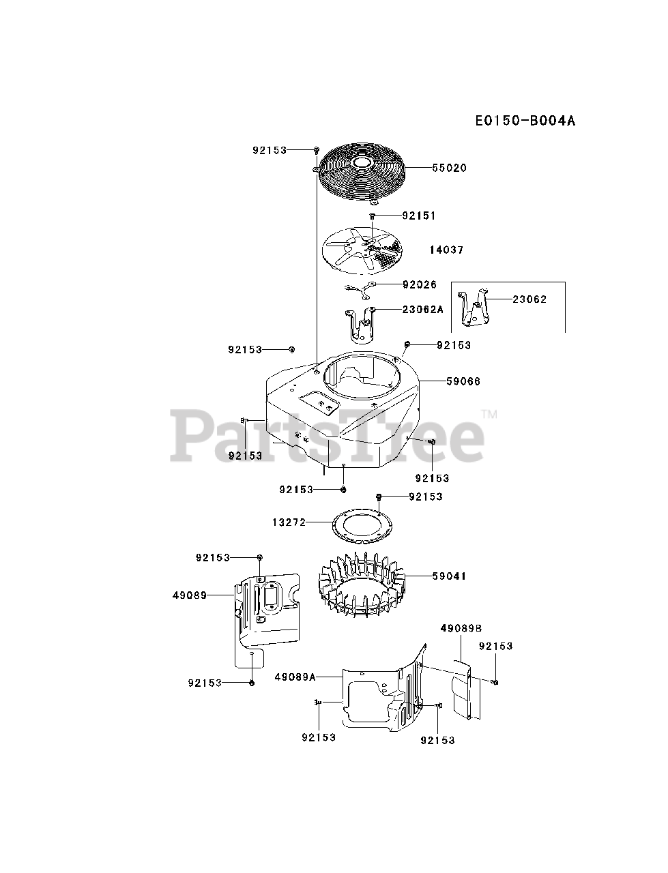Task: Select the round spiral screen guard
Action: tap(359, 171)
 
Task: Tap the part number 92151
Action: tap(419, 216)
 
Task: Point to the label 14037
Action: tap(446, 250)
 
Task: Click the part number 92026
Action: tap(420, 284)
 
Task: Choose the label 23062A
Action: tap(423, 309)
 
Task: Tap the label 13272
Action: tap(289, 522)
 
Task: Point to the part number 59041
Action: tap(449, 576)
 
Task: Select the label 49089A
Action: tap(295, 677)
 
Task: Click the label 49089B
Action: tap(461, 627)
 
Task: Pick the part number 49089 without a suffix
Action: tap(190, 595)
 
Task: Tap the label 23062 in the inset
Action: tap(529, 299)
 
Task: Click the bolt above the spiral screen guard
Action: tap(317, 149)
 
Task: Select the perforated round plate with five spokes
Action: tap(362, 250)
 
